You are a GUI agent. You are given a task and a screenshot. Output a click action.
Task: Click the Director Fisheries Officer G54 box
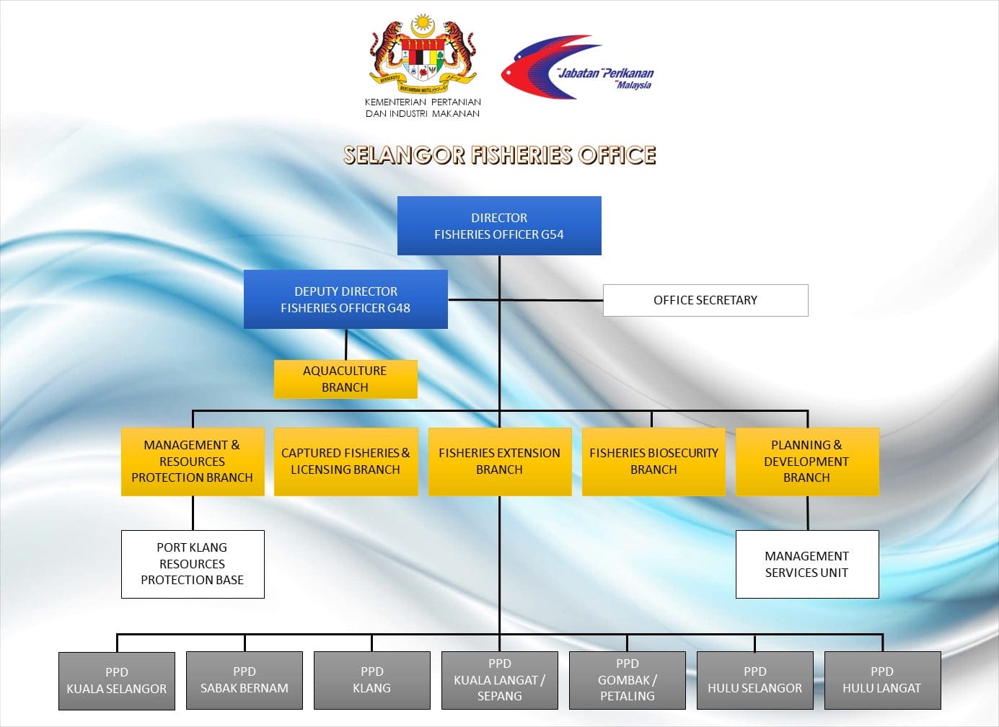coord(499,226)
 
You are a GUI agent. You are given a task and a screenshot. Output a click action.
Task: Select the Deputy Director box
coord(346,299)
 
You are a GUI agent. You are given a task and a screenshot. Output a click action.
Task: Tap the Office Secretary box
coord(705,300)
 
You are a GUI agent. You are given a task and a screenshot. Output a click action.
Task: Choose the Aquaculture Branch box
coord(346,379)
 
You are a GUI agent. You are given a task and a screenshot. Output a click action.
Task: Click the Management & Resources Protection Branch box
coord(193,462)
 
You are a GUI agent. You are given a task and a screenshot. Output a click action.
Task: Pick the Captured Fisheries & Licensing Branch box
coord(346,462)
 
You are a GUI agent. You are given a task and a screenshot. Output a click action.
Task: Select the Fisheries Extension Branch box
coord(499,462)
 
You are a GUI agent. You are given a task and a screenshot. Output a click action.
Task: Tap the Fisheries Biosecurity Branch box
coord(653,462)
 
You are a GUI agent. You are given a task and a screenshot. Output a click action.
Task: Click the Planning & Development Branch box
coord(807,462)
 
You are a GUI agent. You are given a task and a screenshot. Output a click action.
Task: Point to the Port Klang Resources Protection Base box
coord(193,564)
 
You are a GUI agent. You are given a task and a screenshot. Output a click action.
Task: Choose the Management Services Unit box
coord(807,564)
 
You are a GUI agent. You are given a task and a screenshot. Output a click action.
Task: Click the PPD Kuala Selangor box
coord(117,681)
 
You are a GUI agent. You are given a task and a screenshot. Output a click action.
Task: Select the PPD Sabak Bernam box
coord(245,681)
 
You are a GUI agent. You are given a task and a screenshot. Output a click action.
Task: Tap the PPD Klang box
coord(372,681)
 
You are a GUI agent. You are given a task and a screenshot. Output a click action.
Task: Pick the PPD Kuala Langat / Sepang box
coord(500,681)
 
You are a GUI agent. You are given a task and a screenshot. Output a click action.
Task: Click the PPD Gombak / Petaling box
coord(628,681)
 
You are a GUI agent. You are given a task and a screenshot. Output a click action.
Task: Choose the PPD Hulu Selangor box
coord(755,681)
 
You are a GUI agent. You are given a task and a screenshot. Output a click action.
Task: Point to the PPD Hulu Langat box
coord(882,681)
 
